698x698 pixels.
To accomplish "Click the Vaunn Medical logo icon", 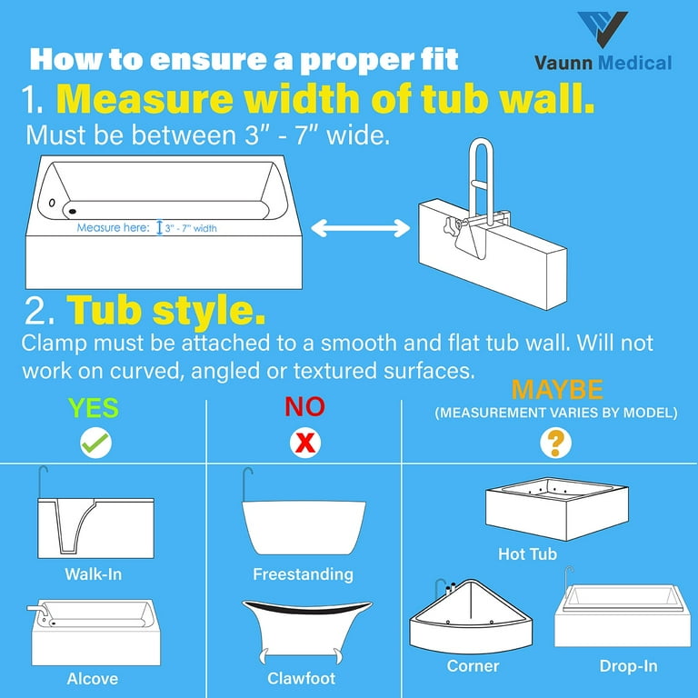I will point(603,29).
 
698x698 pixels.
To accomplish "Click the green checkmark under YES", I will point(95,444).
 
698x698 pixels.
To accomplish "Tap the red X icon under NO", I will point(304,444).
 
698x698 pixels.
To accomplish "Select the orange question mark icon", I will point(556,443).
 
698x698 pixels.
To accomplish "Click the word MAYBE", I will point(556,391).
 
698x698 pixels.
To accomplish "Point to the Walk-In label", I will point(93,574).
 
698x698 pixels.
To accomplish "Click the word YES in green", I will point(95,407).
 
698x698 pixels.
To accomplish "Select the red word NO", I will point(304,406).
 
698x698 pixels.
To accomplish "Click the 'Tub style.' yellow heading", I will point(166,312).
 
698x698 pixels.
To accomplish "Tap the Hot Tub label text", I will point(527,553).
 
